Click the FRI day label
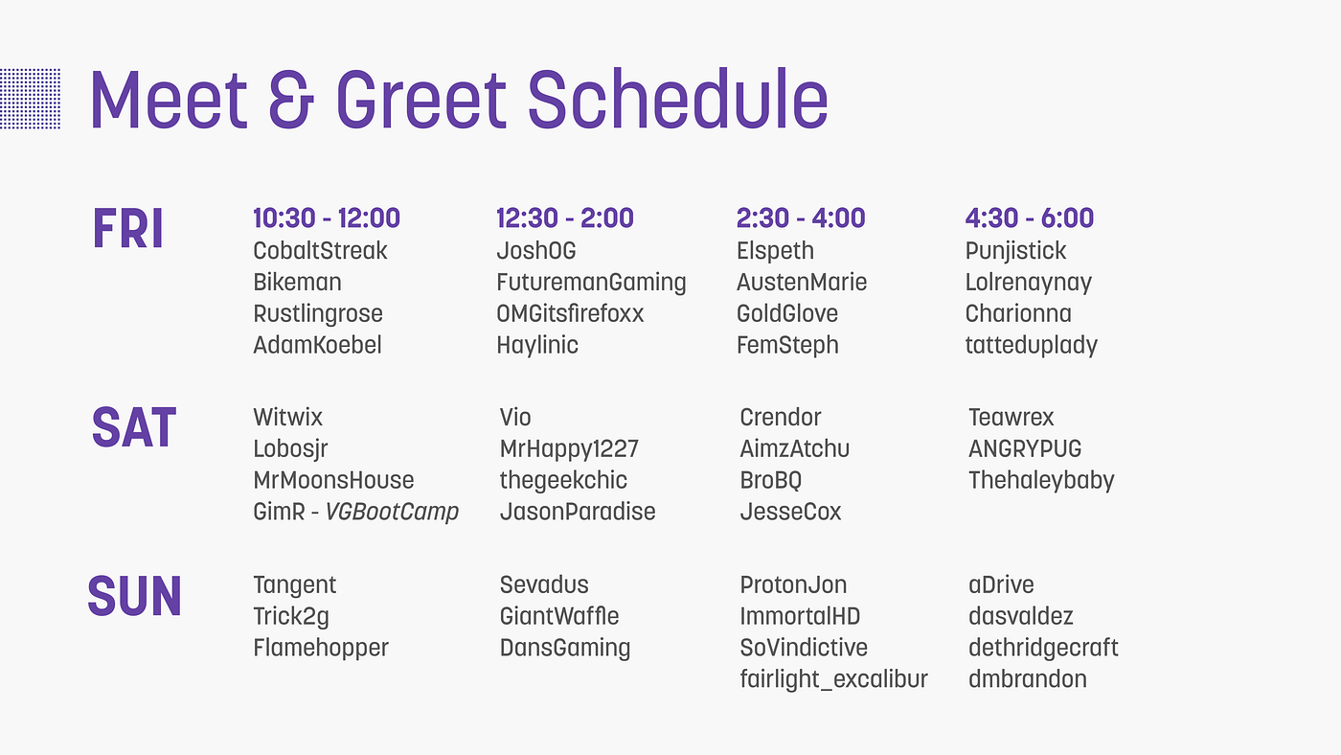(x=127, y=230)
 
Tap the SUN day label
(x=134, y=596)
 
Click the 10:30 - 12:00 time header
(x=327, y=218)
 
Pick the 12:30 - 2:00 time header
(x=565, y=218)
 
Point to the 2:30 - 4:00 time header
(x=801, y=218)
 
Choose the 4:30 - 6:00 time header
(x=1030, y=218)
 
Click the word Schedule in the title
(x=677, y=100)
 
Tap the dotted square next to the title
(x=30, y=99)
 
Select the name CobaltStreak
(x=320, y=251)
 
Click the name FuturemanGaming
(x=591, y=283)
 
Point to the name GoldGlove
(x=787, y=314)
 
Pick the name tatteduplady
(x=1031, y=346)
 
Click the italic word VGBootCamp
(x=392, y=512)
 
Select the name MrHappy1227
(x=569, y=448)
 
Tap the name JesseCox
(x=790, y=512)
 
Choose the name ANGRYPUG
(x=1025, y=448)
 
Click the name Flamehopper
(x=321, y=648)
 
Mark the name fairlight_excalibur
(x=833, y=679)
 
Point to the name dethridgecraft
(x=1043, y=648)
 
